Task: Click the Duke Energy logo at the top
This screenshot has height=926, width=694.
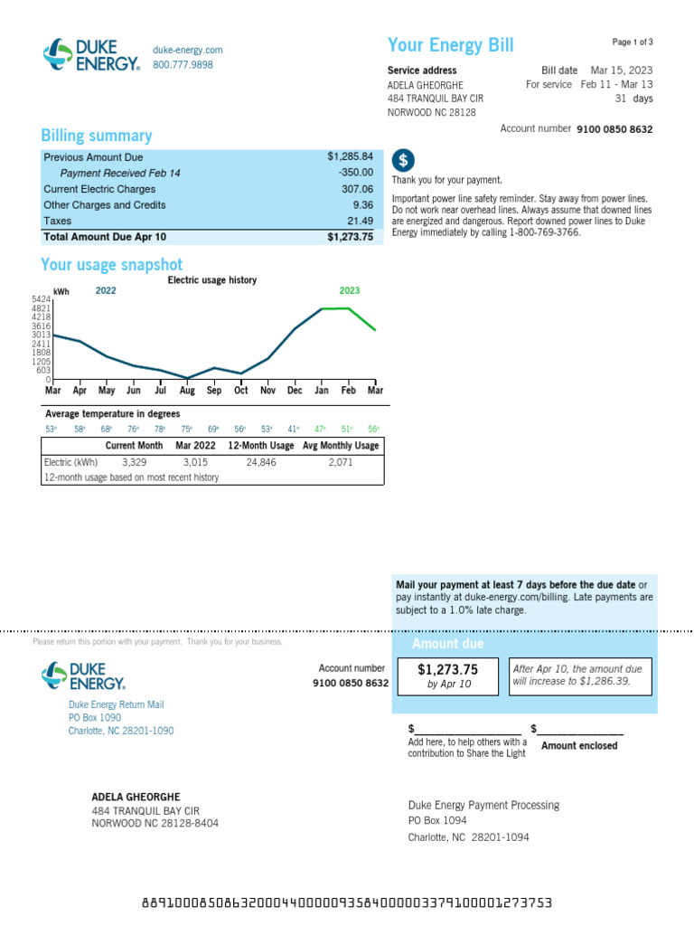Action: pos(91,54)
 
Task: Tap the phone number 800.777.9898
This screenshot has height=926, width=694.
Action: pos(183,65)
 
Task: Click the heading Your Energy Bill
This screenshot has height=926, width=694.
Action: pos(450,46)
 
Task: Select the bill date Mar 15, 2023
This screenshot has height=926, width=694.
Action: pos(621,71)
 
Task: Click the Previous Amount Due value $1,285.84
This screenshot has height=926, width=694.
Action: pos(350,157)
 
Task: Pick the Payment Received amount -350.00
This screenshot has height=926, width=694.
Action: pos(355,173)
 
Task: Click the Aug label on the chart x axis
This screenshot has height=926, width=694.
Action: pos(187,392)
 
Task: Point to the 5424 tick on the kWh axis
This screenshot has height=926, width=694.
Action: pos(42,299)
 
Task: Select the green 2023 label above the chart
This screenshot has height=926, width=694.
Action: pos(350,291)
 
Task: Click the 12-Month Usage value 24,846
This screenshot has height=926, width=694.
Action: pos(261,462)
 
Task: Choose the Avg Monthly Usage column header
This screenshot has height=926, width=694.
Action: pos(341,446)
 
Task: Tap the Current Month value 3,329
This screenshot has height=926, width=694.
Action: pos(134,462)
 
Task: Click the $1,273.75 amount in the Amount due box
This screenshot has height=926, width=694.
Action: pos(447,670)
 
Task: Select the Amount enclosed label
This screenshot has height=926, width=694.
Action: pos(579,746)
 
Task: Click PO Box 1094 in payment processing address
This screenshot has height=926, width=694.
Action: pos(437,821)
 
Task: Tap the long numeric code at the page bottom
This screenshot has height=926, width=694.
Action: pos(347,903)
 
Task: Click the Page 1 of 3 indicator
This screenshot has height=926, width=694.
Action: pos(633,43)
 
